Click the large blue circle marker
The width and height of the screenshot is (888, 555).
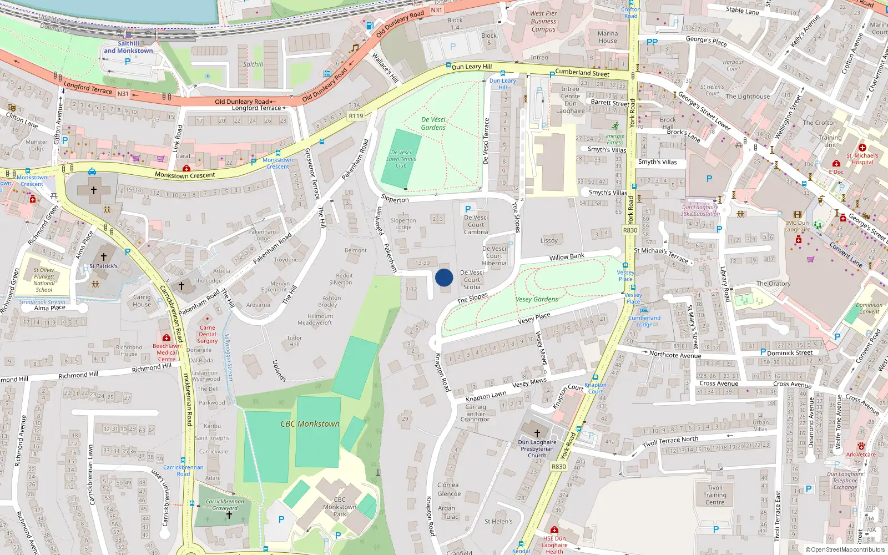pyautogui.click(x=444, y=277)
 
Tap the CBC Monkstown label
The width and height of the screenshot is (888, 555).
pyautogui.click(x=310, y=424)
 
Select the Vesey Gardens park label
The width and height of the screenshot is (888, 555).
pyautogui.click(x=537, y=299)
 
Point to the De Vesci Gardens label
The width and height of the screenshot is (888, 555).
pyautogui.click(x=433, y=123)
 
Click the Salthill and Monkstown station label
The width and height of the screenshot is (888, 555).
pyautogui.click(x=128, y=47)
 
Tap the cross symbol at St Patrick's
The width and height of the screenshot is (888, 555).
pyautogui.click(x=104, y=256)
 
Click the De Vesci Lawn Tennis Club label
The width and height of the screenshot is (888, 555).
pyautogui.click(x=401, y=159)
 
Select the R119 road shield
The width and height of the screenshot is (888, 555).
pyautogui.click(x=356, y=116)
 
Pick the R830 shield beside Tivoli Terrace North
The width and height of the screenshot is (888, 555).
pyautogui.click(x=558, y=467)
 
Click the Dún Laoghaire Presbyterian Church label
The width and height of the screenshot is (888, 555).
pyautogui.click(x=537, y=449)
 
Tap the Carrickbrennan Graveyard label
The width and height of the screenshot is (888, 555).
pyautogui.click(x=225, y=504)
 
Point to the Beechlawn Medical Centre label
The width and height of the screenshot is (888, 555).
pyautogui.click(x=167, y=352)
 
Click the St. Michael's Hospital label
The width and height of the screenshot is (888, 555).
pyautogui.click(x=862, y=159)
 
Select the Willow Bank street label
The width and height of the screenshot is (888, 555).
pyautogui.click(x=567, y=257)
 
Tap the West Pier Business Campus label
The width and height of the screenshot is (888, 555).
pyautogui.click(x=543, y=21)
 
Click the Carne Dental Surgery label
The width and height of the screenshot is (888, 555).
pyautogui.click(x=207, y=334)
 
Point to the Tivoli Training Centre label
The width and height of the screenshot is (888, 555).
pyautogui.click(x=715, y=495)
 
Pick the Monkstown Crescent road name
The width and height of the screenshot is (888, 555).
pyautogui.click(x=185, y=175)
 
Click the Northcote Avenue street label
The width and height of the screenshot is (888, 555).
pyautogui.click(x=675, y=355)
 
